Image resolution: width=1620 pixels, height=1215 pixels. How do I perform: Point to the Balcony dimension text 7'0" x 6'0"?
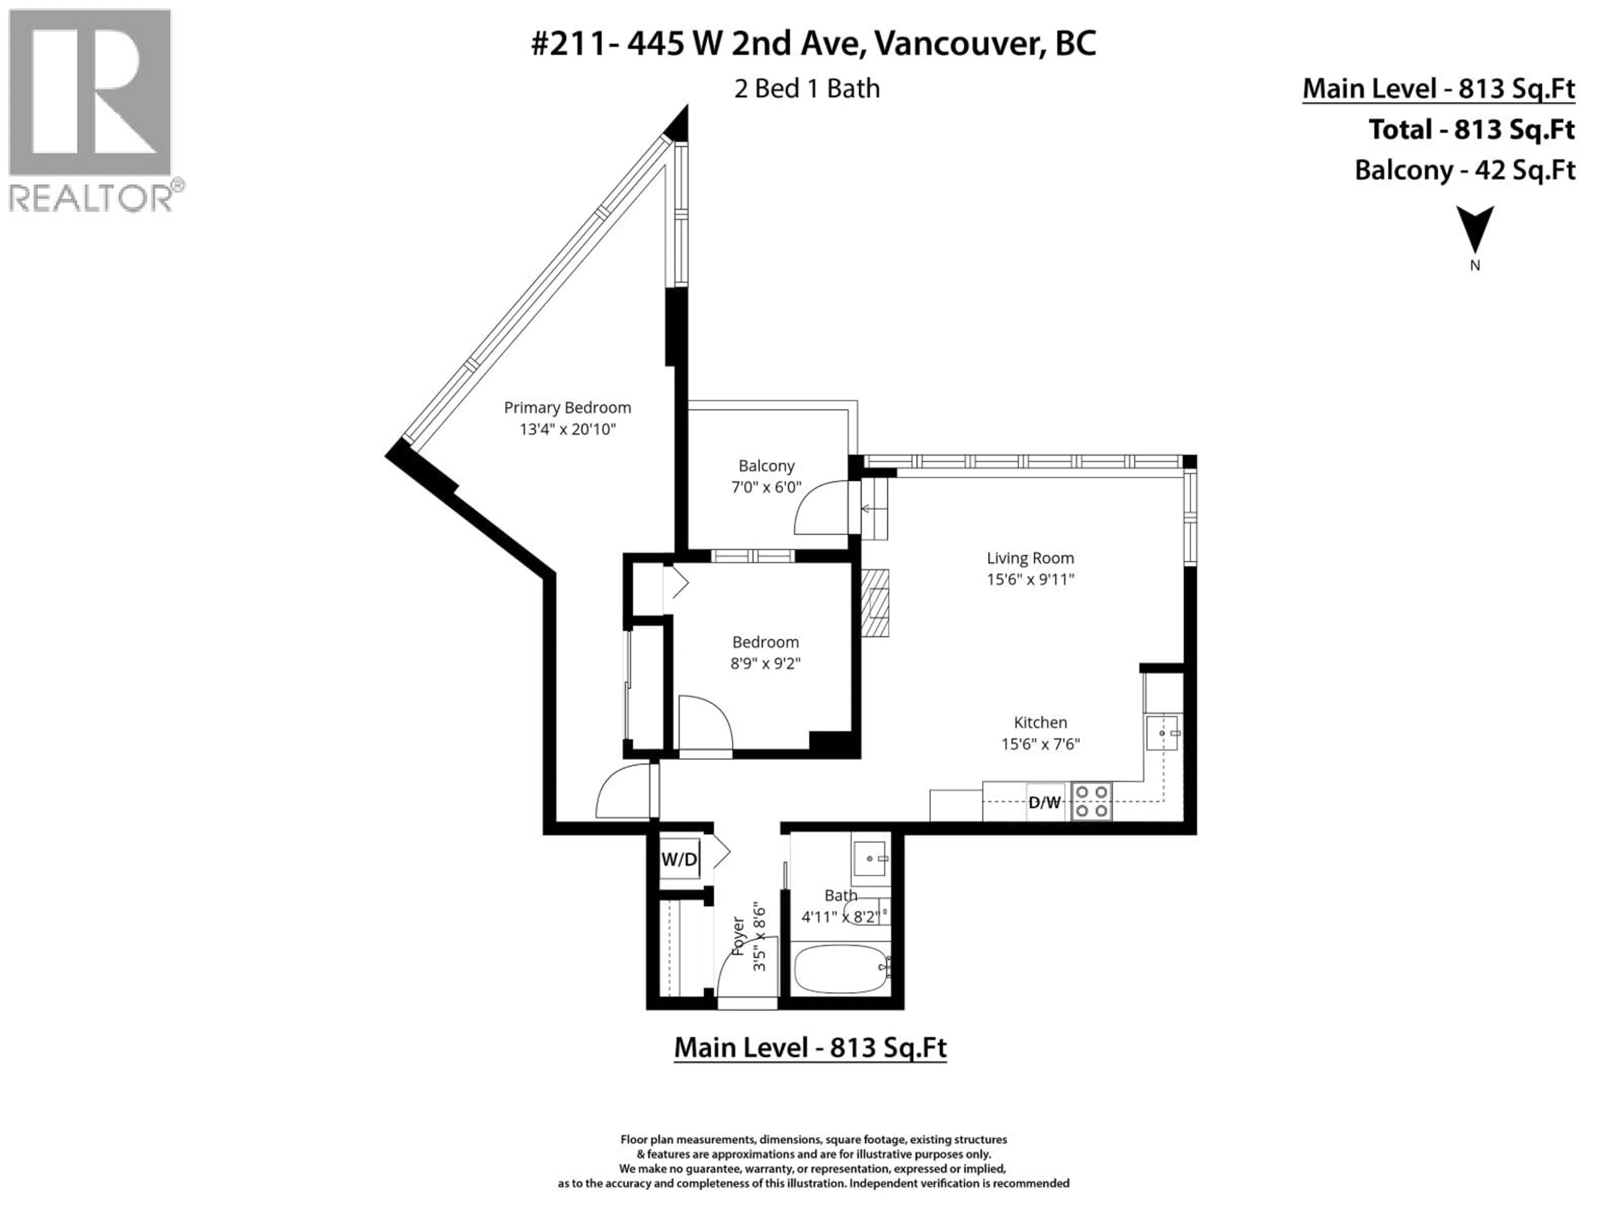tap(766, 487)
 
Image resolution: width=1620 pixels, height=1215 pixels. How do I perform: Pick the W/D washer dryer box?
tap(680, 859)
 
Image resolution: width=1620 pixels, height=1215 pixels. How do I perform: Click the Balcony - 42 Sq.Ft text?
tap(1465, 170)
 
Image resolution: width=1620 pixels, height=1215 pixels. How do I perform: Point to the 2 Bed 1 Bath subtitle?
tap(807, 89)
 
